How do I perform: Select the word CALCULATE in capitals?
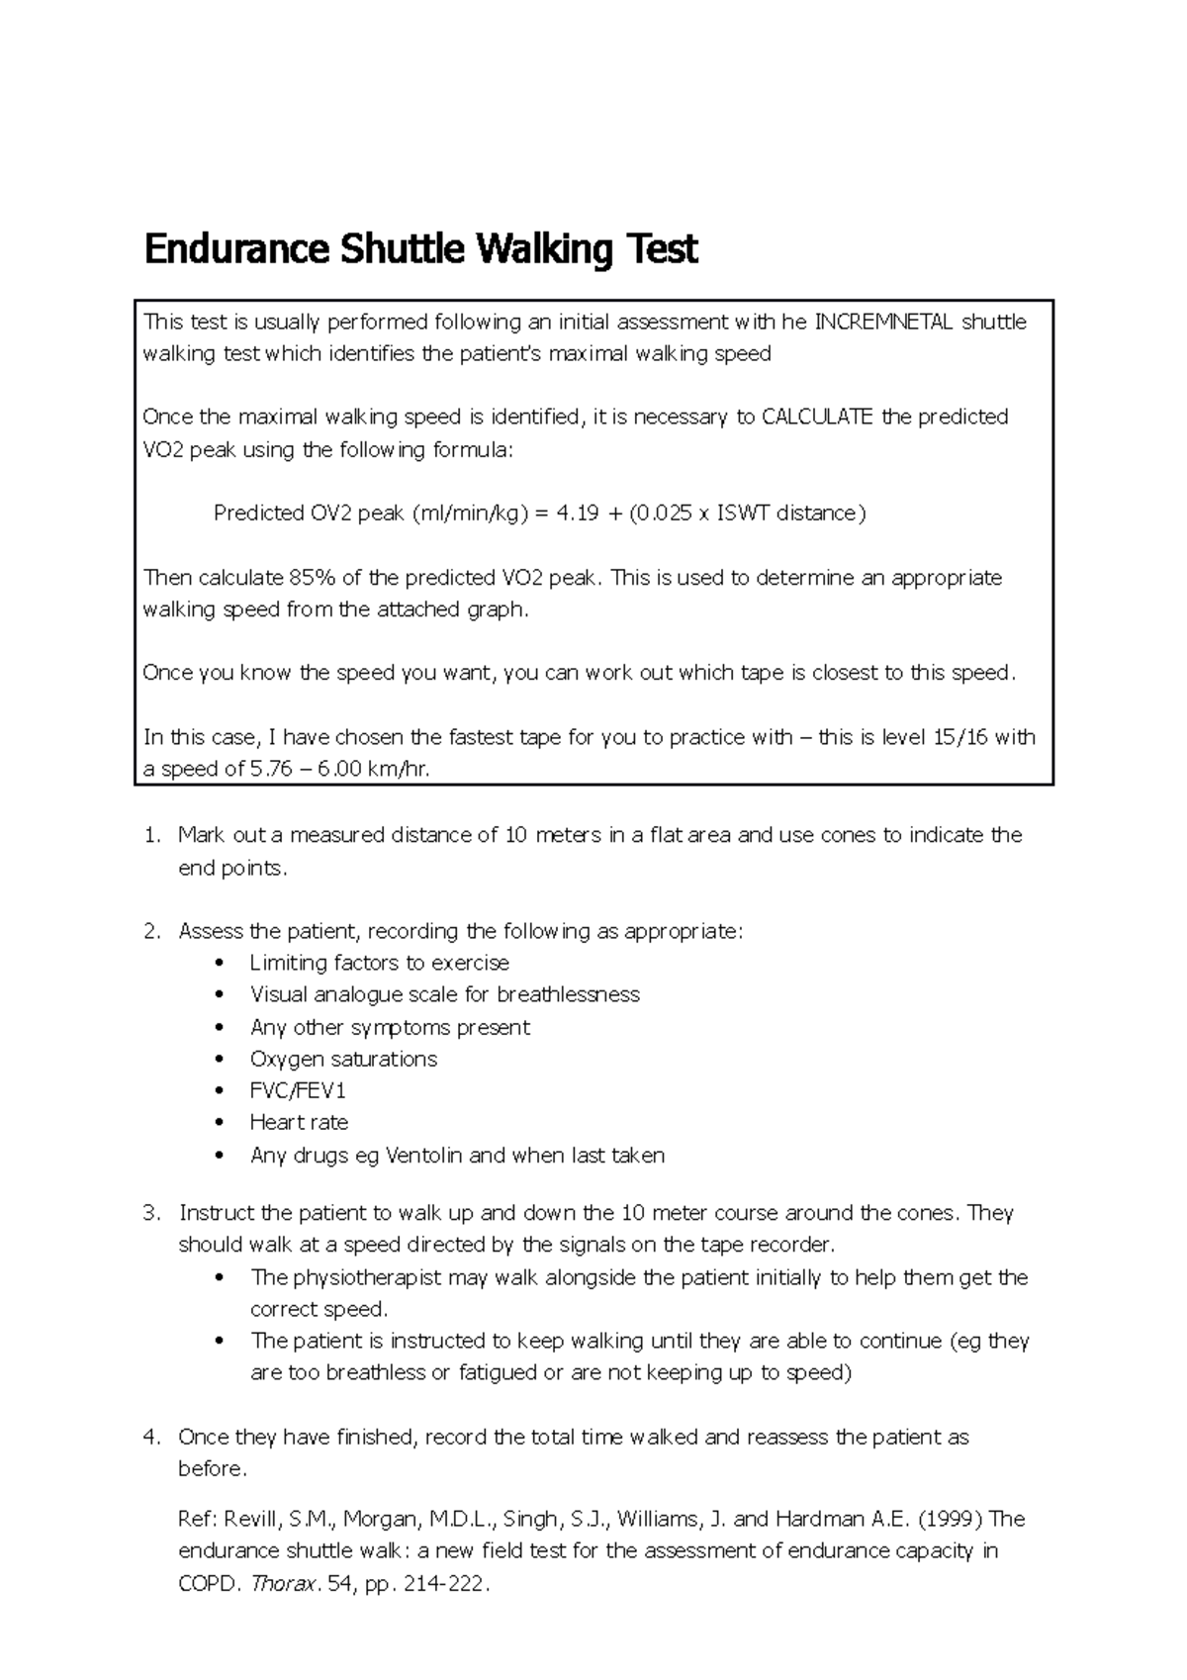[x=817, y=417]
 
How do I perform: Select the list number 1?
[x=151, y=835]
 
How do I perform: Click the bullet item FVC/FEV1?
[x=298, y=1090]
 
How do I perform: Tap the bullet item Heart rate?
[x=299, y=1122]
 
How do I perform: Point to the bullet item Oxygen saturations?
[x=343, y=1059]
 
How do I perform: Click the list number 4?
[x=151, y=1437]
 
